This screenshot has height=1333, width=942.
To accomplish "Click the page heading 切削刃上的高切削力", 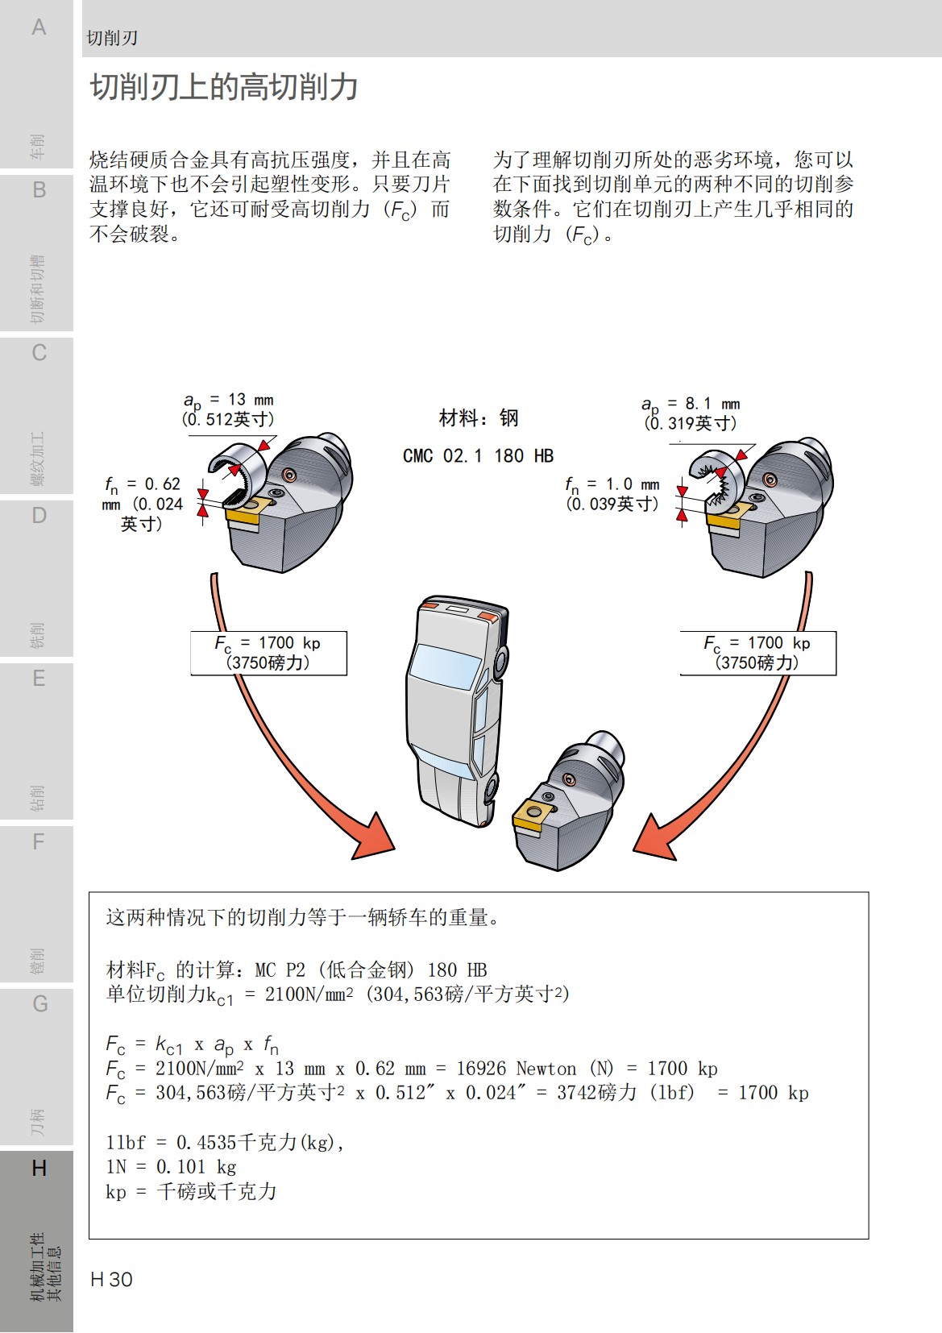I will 223,87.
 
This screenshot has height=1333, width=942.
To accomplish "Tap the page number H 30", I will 111,1279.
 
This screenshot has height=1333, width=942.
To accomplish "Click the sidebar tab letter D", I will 38,516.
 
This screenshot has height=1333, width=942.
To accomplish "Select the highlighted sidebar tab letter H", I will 38,1168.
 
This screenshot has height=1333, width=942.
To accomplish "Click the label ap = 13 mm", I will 228,400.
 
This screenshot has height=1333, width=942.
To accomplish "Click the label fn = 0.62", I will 143,484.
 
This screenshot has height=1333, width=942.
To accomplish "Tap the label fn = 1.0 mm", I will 612,484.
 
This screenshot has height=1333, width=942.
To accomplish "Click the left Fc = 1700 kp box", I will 268,653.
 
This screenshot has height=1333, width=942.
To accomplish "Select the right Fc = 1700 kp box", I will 757,653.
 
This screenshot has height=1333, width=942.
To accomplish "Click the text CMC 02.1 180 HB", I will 478,456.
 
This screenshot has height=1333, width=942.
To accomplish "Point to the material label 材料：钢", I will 478,417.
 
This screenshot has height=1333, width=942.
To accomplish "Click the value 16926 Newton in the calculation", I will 516,1069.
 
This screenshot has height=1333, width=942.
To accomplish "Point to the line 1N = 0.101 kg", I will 171,1167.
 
